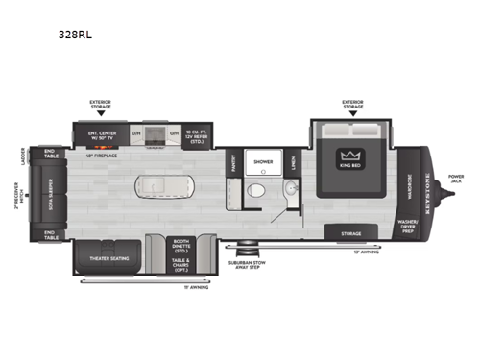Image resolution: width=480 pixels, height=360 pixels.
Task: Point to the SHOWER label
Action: click(x=262, y=162)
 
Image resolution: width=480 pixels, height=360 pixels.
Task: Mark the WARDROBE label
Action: click(x=410, y=183)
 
